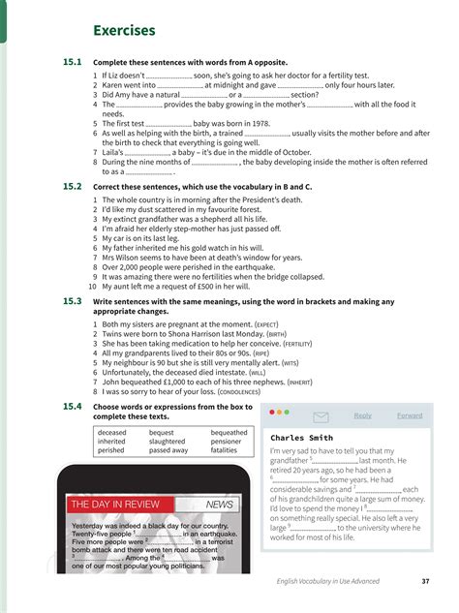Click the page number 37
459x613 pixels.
pyautogui.click(x=426, y=581)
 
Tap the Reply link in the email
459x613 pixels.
pyautogui.click(x=363, y=415)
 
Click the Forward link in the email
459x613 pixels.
pyautogui.click(x=410, y=415)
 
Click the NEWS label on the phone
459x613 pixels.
pyautogui.click(x=221, y=505)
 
